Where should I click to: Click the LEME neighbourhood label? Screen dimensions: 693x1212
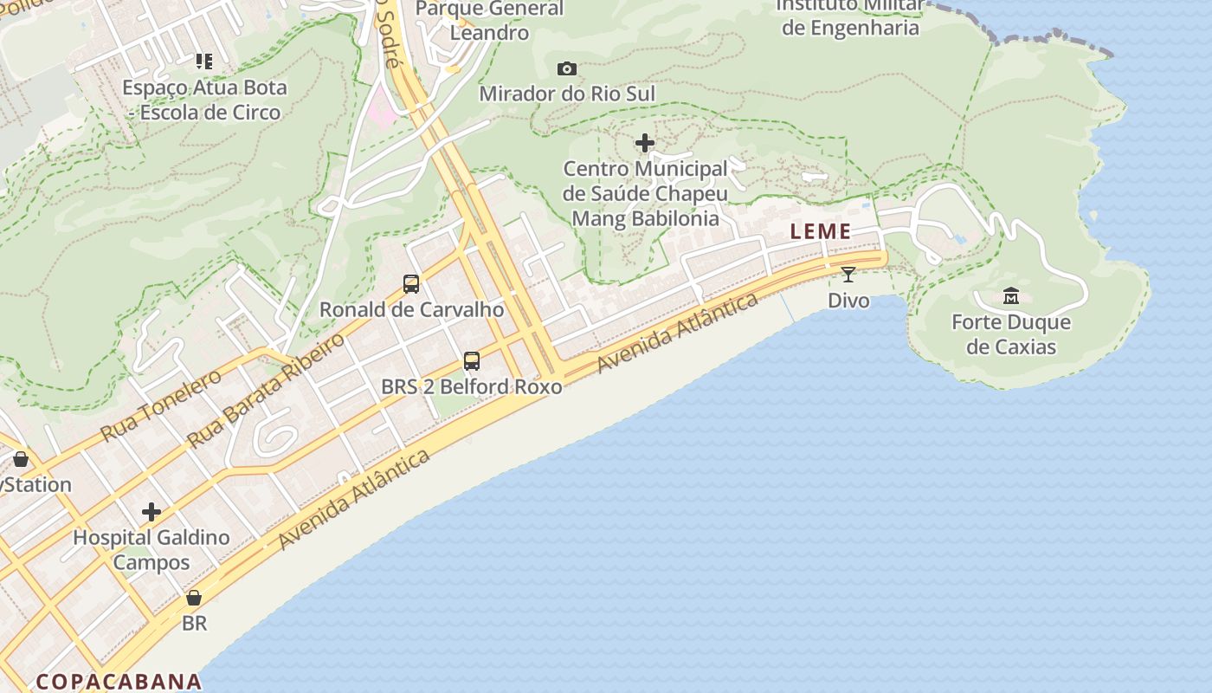[x=821, y=232]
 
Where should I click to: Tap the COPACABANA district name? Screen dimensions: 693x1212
[x=119, y=681]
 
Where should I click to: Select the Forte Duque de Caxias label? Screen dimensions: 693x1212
[x=1011, y=334]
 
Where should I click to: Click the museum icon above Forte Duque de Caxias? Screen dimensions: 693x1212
[x=1011, y=296]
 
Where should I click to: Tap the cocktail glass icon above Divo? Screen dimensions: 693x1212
[x=848, y=275]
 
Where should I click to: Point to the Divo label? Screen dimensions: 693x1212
[x=848, y=301]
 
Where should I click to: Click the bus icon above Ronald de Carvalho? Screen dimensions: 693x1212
[x=411, y=283]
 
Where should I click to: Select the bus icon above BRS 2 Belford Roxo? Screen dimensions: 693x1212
[x=472, y=360]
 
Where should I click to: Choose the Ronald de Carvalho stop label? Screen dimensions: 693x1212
[x=411, y=309]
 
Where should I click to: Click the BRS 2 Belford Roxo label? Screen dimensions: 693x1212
[x=472, y=386]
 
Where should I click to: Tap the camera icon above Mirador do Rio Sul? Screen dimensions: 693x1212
[x=567, y=68]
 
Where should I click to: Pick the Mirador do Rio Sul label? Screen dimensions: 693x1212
[x=567, y=94]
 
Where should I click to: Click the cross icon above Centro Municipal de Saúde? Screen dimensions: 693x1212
[x=645, y=143]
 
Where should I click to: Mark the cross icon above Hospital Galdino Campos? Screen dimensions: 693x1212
[x=151, y=512]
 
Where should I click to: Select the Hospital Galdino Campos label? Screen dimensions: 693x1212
[x=151, y=549]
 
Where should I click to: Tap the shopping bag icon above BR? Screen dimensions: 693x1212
[x=194, y=598]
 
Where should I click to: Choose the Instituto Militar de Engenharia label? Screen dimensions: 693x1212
[x=850, y=16]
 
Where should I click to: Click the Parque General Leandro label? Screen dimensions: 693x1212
[x=490, y=21]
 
